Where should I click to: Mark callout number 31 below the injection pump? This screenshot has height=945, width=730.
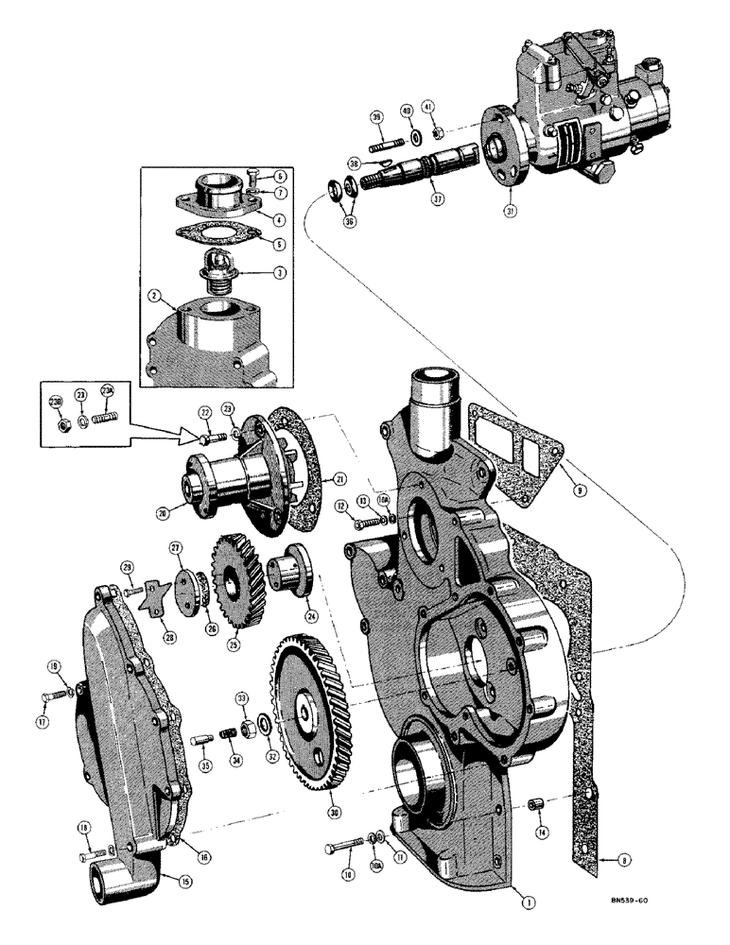tap(510, 212)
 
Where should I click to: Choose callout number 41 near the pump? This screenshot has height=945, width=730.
tap(426, 109)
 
